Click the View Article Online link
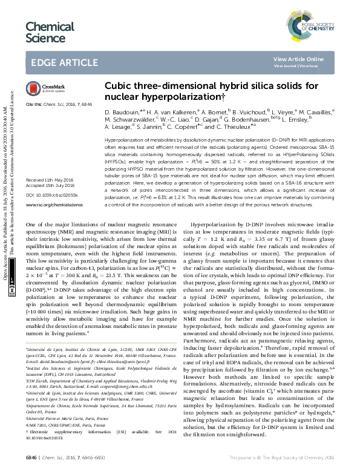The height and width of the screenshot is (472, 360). pos(307,59)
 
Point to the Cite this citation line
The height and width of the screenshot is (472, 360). pos(55,104)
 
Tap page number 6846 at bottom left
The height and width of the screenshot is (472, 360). pos(30,458)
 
